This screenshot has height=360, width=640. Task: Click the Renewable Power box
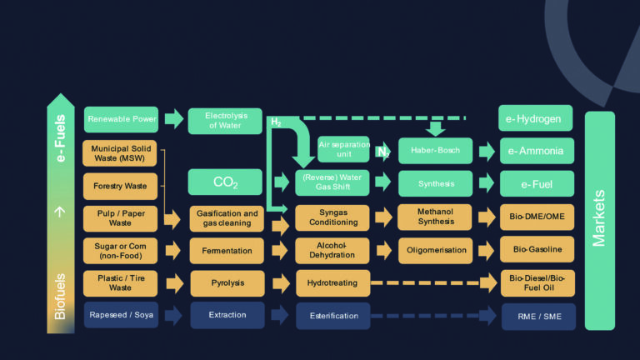(x=122, y=119)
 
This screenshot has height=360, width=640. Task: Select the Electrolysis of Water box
(x=224, y=120)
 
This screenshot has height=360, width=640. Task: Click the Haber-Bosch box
(x=436, y=151)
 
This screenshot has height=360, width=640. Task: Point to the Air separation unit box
(x=343, y=149)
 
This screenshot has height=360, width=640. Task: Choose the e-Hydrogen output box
(x=535, y=118)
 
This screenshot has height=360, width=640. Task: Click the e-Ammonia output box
(x=535, y=152)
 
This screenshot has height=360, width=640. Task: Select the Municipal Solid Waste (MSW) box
(x=122, y=152)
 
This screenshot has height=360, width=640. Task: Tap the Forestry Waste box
(x=122, y=186)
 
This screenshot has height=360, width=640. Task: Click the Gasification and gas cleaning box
(x=227, y=218)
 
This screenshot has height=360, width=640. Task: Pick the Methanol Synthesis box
(x=436, y=217)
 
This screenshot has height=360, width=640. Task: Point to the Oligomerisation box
(x=436, y=250)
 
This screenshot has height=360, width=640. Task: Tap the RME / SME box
(x=537, y=316)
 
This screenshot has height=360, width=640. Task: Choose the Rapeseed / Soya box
(x=122, y=315)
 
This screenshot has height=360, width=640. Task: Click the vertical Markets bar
(x=599, y=221)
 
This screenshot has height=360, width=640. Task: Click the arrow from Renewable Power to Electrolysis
(x=173, y=119)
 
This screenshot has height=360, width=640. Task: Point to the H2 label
(x=276, y=122)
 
